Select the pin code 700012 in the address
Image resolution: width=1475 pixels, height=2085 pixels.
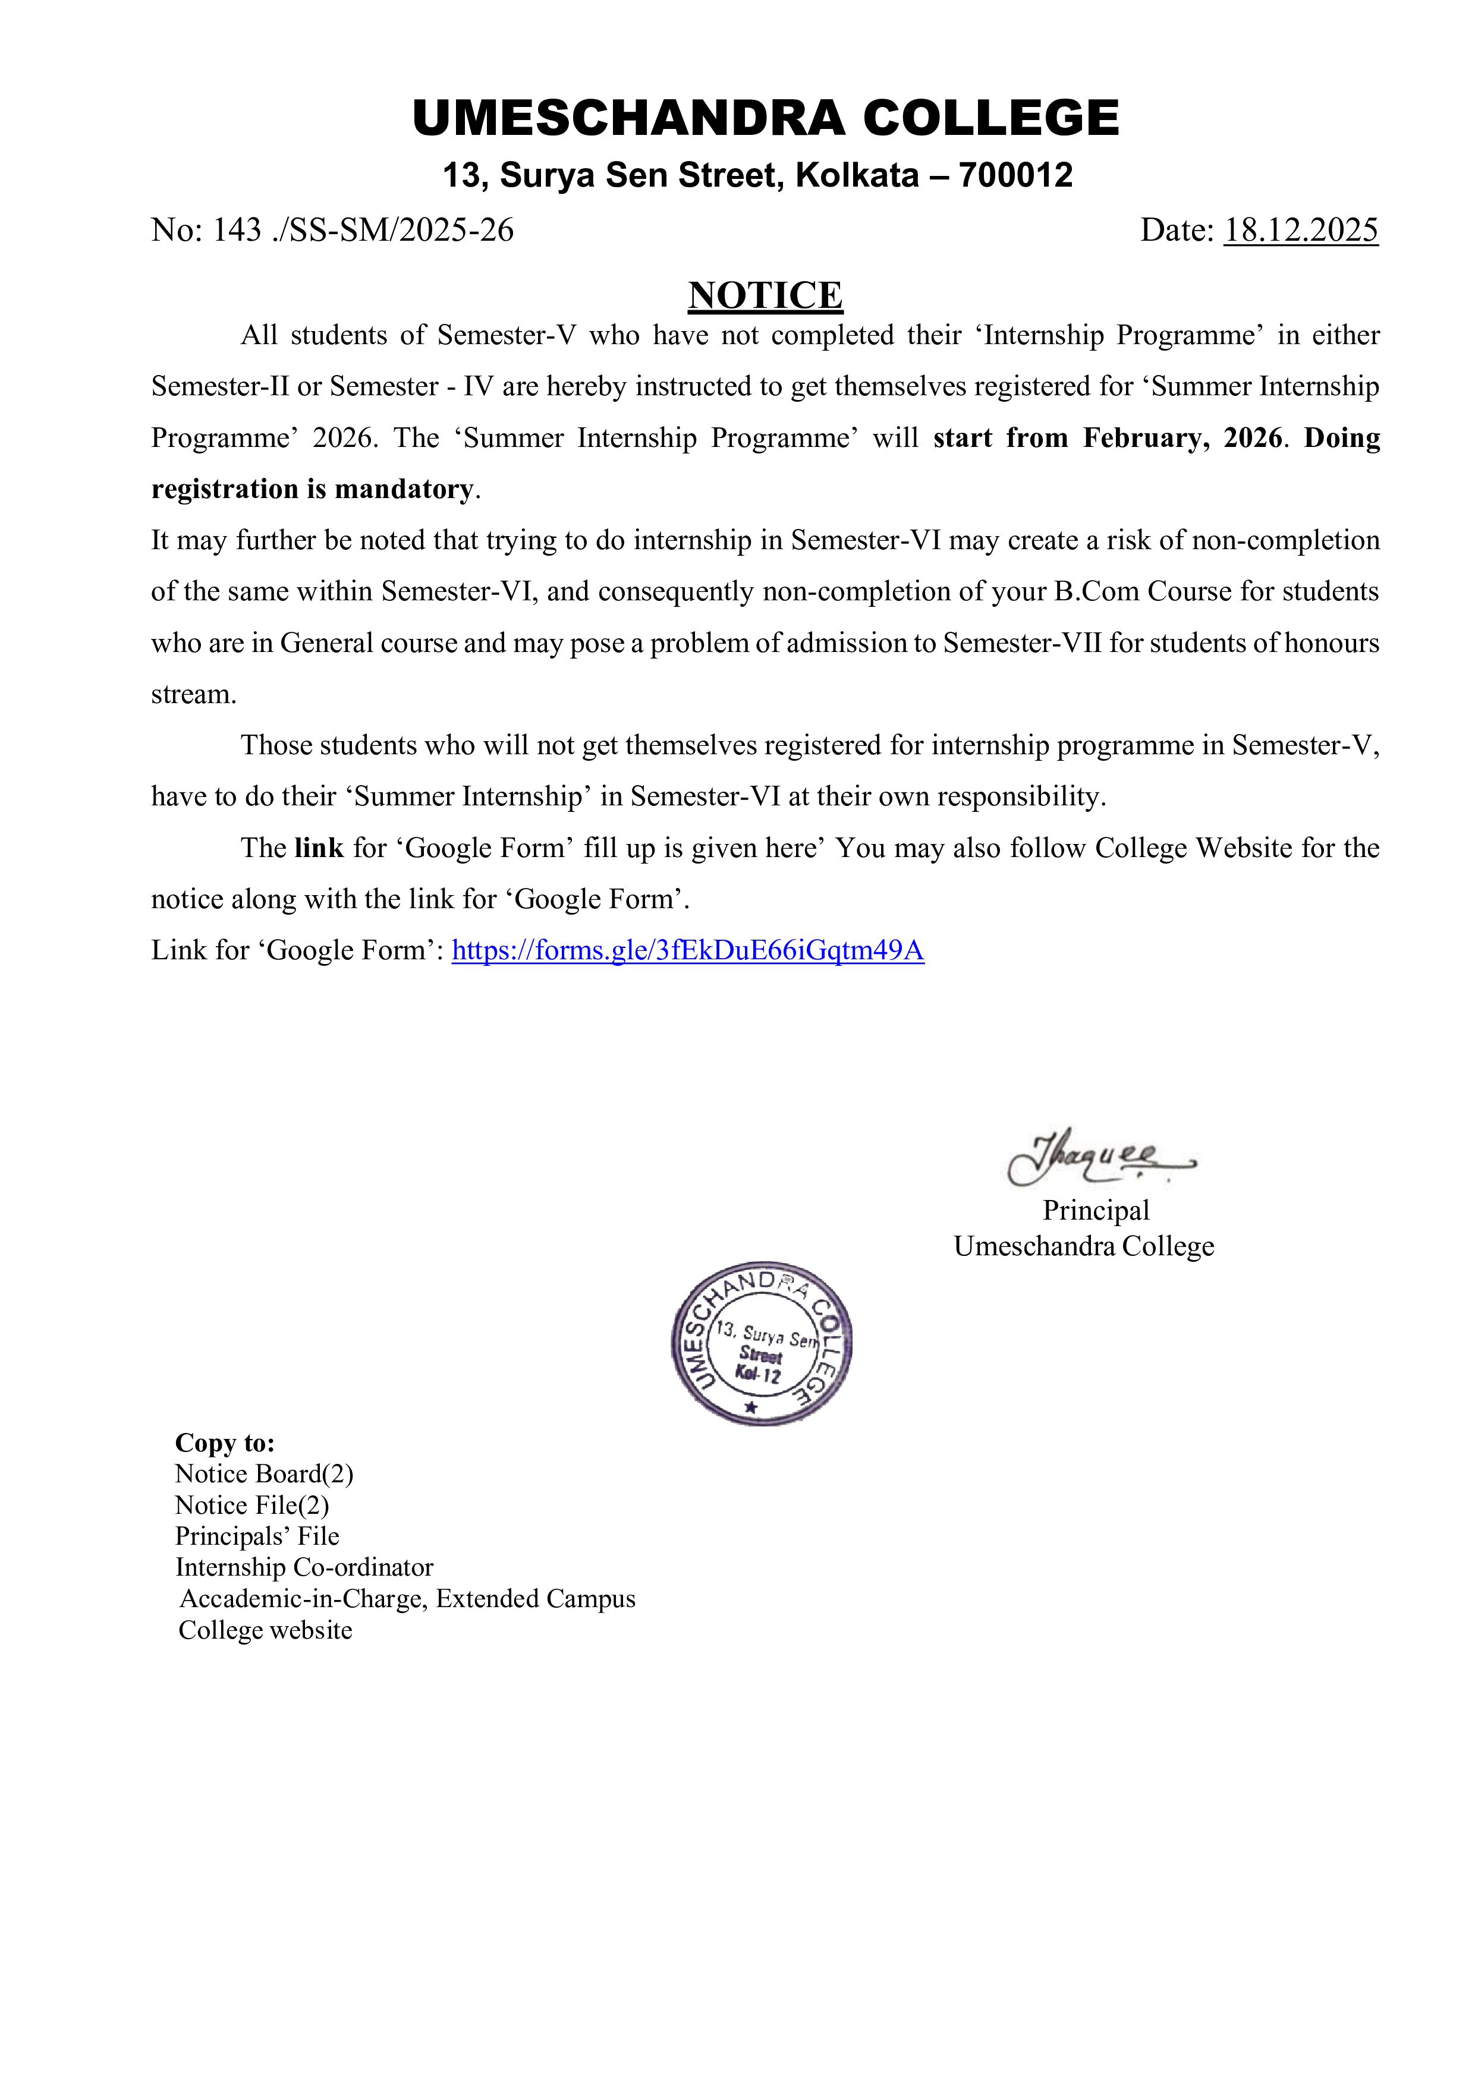click(1015, 175)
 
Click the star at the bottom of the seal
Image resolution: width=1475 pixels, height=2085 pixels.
click(750, 1407)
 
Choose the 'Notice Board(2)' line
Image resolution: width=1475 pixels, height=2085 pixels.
click(263, 1474)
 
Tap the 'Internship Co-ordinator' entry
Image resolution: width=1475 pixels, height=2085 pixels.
click(304, 1567)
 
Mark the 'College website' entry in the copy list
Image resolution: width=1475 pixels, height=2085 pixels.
click(265, 1630)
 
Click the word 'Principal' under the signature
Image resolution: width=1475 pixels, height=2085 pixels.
click(1095, 1211)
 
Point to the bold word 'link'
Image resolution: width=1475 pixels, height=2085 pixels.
click(319, 848)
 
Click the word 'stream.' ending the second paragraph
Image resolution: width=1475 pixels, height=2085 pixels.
click(193, 695)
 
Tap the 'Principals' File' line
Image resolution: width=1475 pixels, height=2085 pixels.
click(257, 1536)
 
